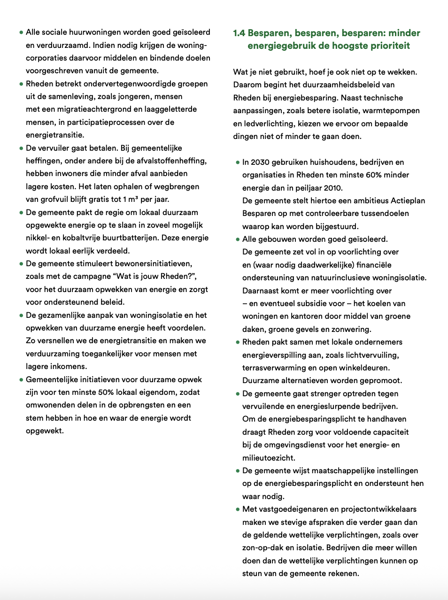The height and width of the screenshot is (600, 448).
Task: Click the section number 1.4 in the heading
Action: [239, 33]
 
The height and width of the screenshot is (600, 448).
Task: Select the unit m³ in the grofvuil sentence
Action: [133, 199]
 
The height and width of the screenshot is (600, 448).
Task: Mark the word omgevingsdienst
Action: [296, 445]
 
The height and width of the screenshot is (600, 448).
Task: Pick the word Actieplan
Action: [408, 200]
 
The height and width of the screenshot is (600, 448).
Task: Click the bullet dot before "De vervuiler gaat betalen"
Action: [21, 148]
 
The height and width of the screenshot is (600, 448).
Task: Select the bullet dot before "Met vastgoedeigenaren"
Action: [238, 509]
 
